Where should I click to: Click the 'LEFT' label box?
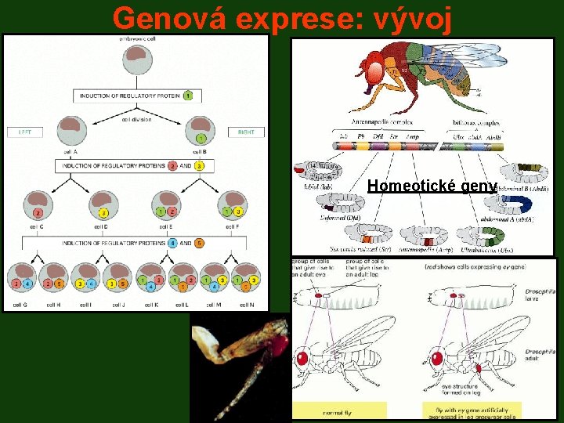24,132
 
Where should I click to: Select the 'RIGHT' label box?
246,132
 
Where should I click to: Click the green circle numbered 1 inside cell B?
201,139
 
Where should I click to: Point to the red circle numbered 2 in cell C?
37,212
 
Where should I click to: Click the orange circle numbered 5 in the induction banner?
199,243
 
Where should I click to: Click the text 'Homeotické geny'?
432,186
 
